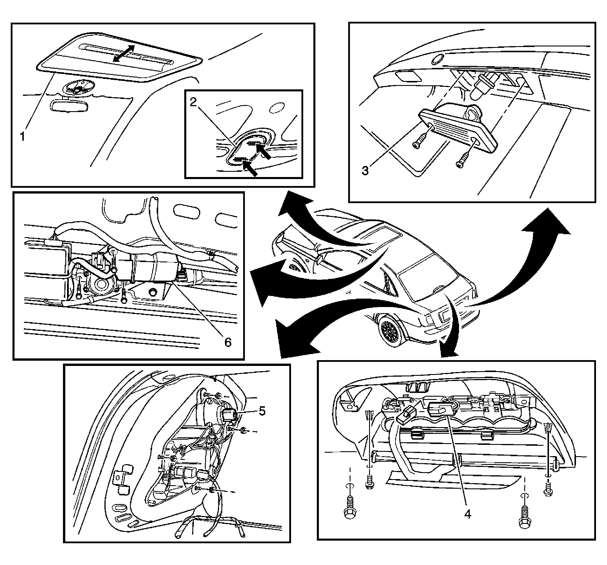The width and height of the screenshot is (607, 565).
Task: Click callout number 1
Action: click(22, 136)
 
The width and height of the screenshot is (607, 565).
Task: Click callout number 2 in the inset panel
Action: click(193, 102)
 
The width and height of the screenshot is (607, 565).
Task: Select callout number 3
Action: click(365, 170)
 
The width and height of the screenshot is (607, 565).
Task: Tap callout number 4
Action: click(467, 514)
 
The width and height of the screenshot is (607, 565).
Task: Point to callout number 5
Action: click(262, 411)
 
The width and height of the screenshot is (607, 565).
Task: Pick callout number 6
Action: click(228, 342)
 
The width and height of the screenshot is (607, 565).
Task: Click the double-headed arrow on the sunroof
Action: click(124, 54)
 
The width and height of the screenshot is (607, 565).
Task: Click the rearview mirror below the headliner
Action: click(69, 106)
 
